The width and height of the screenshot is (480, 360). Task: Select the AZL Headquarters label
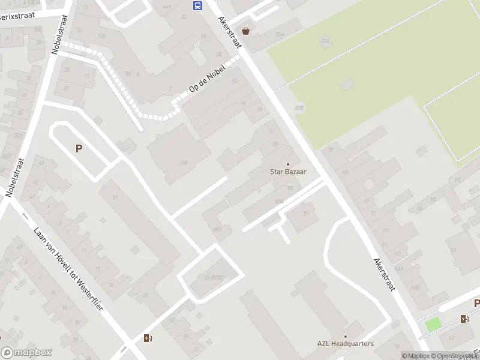(x=346, y=344)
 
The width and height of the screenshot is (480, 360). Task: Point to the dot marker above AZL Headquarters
(x=346, y=336)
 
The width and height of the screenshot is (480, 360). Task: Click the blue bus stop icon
(x=197, y=6)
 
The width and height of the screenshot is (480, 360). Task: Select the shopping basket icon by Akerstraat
(x=245, y=31)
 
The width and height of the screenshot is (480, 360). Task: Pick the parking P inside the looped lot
(x=78, y=148)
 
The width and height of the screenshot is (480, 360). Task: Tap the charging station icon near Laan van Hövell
(x=148, y=338)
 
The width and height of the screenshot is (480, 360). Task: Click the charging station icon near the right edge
(x=464, y=319)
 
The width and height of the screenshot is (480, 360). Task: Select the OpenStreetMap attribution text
(x=455, y=356)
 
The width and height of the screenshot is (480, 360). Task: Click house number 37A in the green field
(x=325, y=41)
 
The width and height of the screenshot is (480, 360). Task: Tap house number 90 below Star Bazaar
(x=306, y=212)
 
